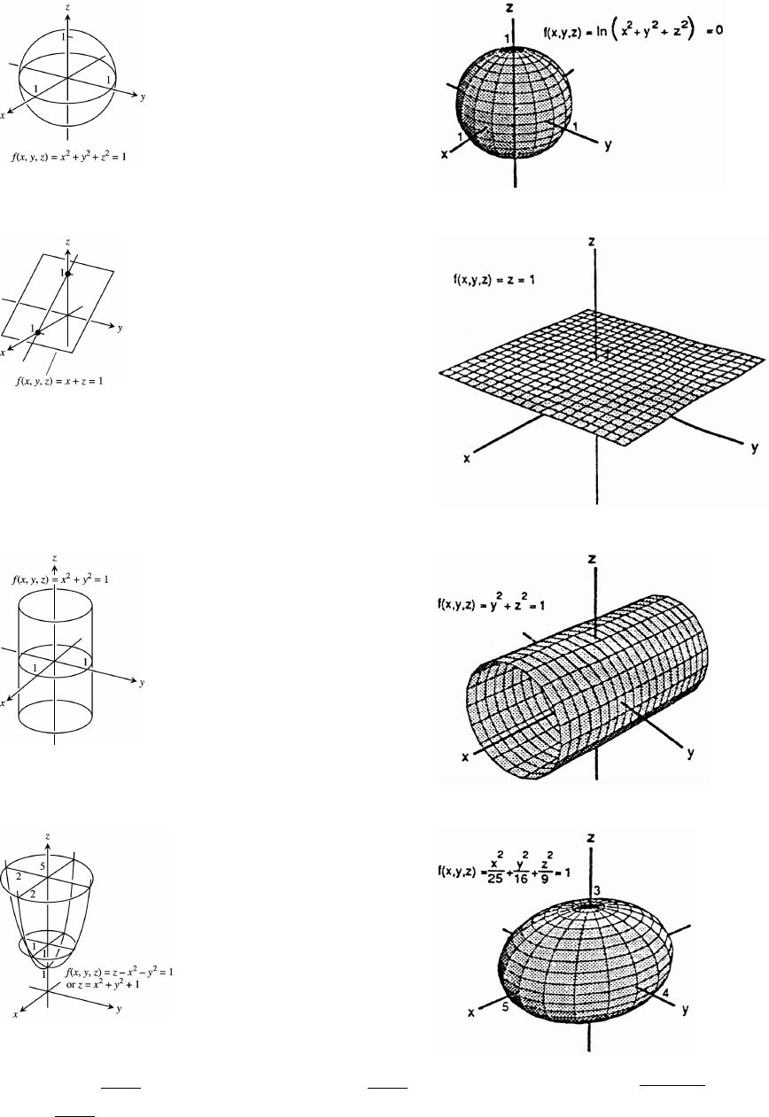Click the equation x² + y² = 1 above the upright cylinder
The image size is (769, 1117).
pyautogui.click(x=73, y=580)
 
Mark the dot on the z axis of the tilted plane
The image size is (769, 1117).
pyautogui.click(x=68, y=275)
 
